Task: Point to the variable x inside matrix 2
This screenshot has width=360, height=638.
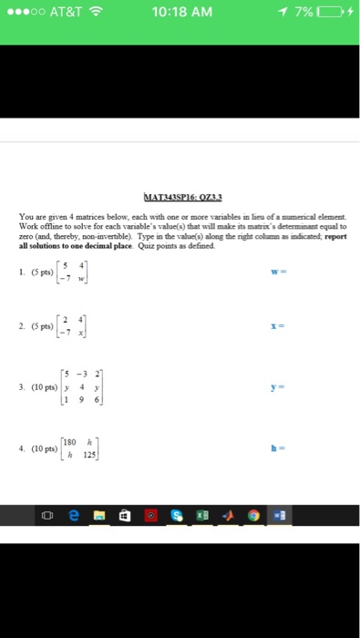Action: (80, 334)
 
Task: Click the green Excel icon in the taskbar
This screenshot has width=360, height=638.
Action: (202, 515)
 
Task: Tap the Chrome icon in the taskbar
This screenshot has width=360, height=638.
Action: (253, 515)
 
